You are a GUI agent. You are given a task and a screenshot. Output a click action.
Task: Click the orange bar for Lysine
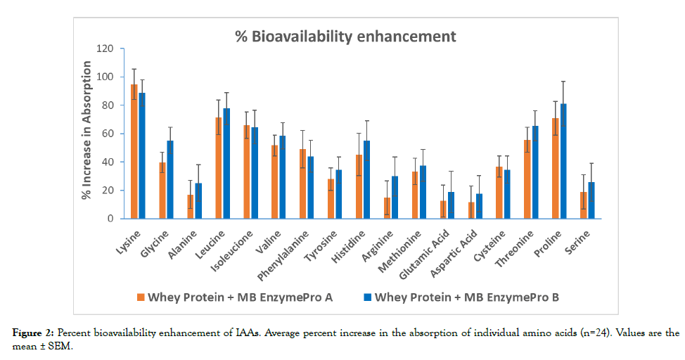coord(134,151)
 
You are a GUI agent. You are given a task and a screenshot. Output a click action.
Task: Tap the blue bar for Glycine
coord(170,179)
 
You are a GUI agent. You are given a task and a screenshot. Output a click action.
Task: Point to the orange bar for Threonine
coord(527,179)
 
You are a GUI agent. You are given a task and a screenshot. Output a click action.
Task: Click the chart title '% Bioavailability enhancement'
coord(345,36)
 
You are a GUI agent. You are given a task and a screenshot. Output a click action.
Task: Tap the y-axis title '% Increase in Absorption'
coord(87,130)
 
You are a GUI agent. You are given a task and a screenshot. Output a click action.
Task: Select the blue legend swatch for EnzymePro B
coord(366,297)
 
